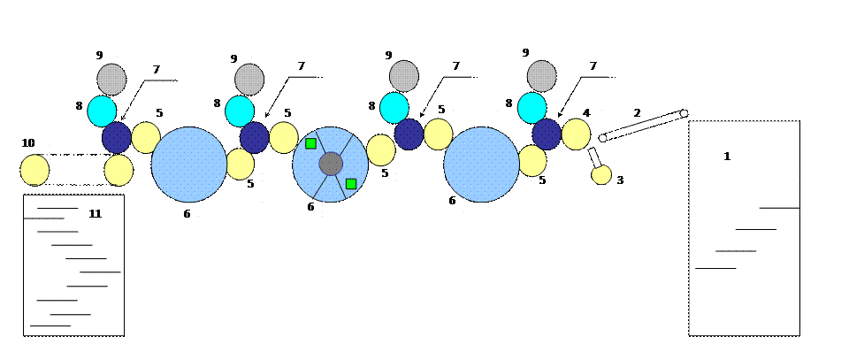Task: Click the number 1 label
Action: [x=727, y=157]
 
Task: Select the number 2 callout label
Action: [x=637, y=113]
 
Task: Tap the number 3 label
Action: [x=620, y=180]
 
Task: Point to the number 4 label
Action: [x=586, y=113]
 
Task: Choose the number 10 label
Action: [x=28, y=143]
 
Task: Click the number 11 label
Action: [x=95, y=214]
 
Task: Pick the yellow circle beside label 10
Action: [x=34, y=170]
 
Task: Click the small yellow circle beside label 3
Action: [x=601, y=174]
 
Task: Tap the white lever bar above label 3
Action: [x=594, y=157]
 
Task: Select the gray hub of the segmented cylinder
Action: [x=331, y=164]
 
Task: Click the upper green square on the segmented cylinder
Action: [x=310, y=143]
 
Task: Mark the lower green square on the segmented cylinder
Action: [x=351, y=184]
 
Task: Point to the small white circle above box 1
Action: [x=684, y=113]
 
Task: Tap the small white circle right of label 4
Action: [x=603, y=138]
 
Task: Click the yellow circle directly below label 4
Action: [x=576, y=134]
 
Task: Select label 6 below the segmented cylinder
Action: [x=310, y=207]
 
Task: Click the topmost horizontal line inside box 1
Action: [x=779, y=208]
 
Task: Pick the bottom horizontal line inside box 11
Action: [x=50, y=326]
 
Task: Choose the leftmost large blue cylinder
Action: [x=189, y=165]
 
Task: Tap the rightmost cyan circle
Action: [x=532, y=108]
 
